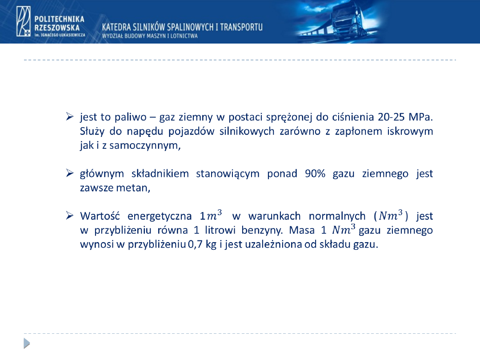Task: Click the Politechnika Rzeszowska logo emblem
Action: pyautogui.click(x=24, y=21)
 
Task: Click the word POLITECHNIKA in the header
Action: pyautogui.click(x=60, y=19)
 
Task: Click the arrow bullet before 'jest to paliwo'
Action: pyautogui.click(x=70, y=116)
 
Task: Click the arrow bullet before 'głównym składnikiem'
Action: pyautogui.click(x=70, y=173)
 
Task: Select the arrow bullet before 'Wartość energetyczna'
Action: pyautogui.click(x=70, y=216)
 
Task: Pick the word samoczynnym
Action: pyautogui.click(x=145, y=145)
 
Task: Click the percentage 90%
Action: pyautogui.click(x=315, y=174)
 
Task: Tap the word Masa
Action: pyautogui.click(x=302, y=230)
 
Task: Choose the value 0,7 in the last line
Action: pyautogui.click(x=195, y=244)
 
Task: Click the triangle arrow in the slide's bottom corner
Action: pyautogui.click(x=27, y=343)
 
